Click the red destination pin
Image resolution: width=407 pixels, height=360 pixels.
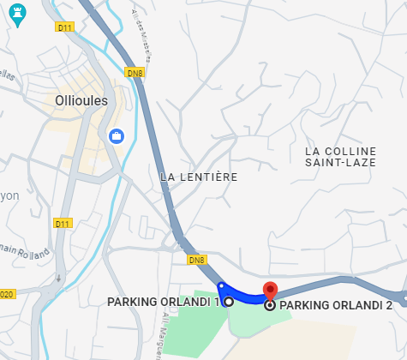click(270, 290)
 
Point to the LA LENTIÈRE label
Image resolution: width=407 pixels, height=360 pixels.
click(199, 177)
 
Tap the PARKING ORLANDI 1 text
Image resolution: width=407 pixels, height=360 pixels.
click(164, 302)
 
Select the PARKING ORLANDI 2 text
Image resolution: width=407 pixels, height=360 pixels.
click(336, 304)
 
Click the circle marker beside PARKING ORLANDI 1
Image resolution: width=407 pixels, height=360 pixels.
click(229, 302)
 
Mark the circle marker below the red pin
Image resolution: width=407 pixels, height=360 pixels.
click(270, 304)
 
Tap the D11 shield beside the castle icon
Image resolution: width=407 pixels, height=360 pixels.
click(64, 27)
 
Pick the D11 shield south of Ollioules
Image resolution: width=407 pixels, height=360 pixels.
click(62, 224)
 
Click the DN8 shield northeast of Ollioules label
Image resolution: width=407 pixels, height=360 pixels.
click(134, 72)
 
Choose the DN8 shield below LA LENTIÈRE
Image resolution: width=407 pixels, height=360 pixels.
click(196, 260)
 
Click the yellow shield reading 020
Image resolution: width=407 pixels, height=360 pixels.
click(8, 294)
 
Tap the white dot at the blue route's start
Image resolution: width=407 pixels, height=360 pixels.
click(220, 285)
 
